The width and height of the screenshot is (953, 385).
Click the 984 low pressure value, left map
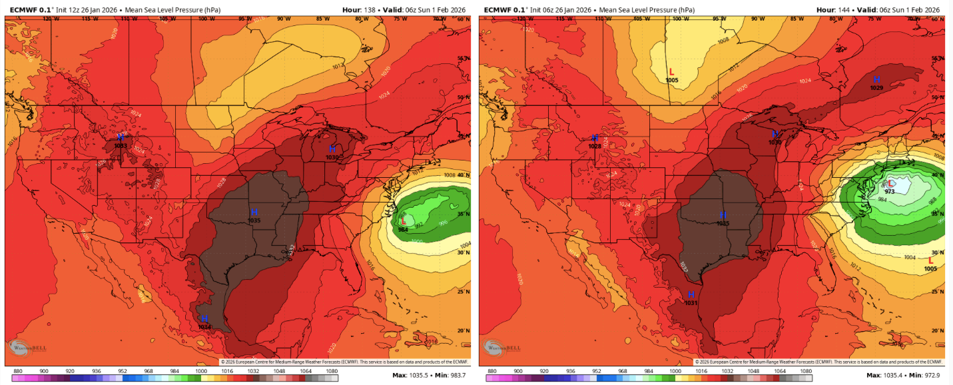tap(403, 230)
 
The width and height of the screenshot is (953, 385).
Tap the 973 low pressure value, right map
tap(889, 191)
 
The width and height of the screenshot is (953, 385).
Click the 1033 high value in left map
tap(121, 145)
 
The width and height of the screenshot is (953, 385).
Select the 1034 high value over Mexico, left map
tap(204, 327)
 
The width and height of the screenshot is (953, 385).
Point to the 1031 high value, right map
tap(691, 303)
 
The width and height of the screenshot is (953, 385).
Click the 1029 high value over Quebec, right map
tap(876, 88)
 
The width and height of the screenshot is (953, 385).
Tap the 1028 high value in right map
tap(595, 146)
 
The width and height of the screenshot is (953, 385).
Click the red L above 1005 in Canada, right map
tap(671, 71)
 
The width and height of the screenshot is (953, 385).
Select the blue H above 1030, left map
tap(332, 149)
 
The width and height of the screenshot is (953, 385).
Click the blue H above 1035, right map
tap(723, 214)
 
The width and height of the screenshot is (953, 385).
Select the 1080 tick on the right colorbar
tap(806, 371)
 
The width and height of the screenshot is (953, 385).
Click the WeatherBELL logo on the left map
tap(23, 348)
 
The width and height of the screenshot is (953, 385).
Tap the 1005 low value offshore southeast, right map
tap(930, 269)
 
